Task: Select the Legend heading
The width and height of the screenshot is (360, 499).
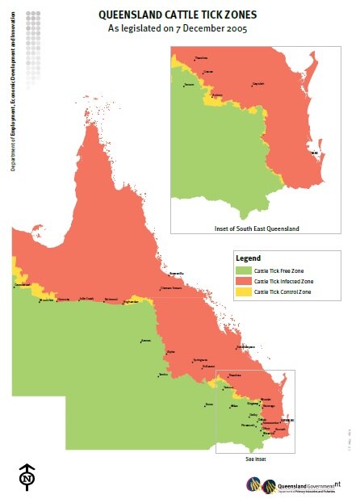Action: [x=247, y=257]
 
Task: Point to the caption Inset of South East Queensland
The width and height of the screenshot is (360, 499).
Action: [x=257, y=229]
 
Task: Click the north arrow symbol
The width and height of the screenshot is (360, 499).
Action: [x=27, y=476]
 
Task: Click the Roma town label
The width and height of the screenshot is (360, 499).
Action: [x=209, y=403]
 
